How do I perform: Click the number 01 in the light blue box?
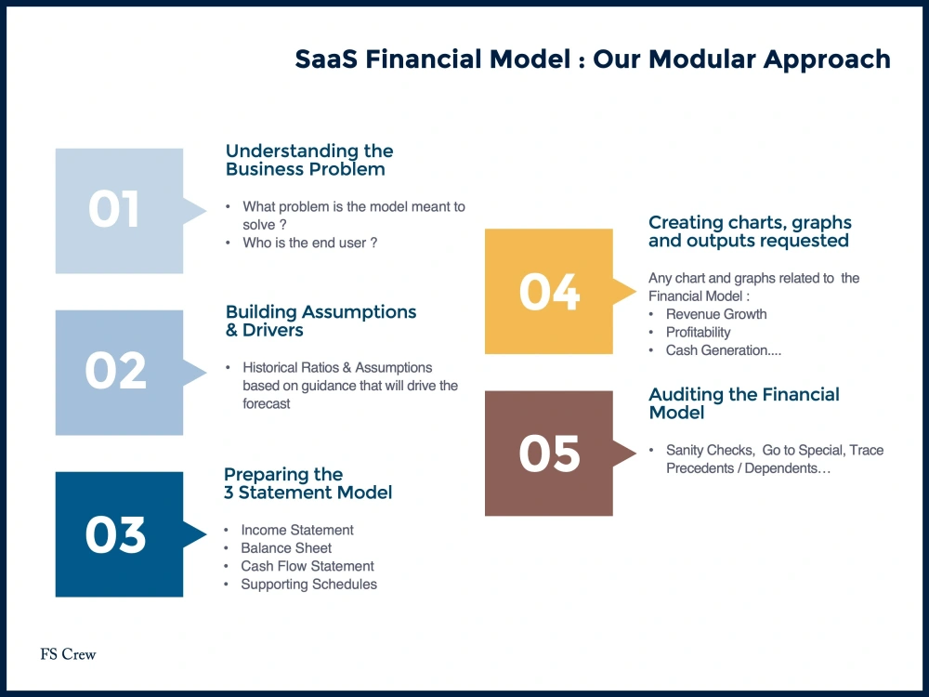[113, 209]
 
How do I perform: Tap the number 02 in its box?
[115, 371]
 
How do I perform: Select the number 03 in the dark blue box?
[115, 534]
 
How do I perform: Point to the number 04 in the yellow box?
[549, 292]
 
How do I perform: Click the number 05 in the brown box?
[549, 454]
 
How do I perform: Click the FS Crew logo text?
[68, 654]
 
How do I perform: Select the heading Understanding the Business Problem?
[309, 160]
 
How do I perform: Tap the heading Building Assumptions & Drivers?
[321, 321]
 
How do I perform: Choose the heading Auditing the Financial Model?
[744, 403]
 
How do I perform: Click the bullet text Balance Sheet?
[286, 548]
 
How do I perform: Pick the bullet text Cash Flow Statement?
[307, 566]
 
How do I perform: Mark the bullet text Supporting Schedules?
[308, 585]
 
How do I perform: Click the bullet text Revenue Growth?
[716, 314]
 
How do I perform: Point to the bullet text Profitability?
[698, 333]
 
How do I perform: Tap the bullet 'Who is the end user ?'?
[310, 243]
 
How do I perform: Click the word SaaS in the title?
[326, 59]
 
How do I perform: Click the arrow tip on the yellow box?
[635, 291]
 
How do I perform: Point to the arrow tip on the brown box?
[635, 454]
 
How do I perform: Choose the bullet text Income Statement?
[297, 530]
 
